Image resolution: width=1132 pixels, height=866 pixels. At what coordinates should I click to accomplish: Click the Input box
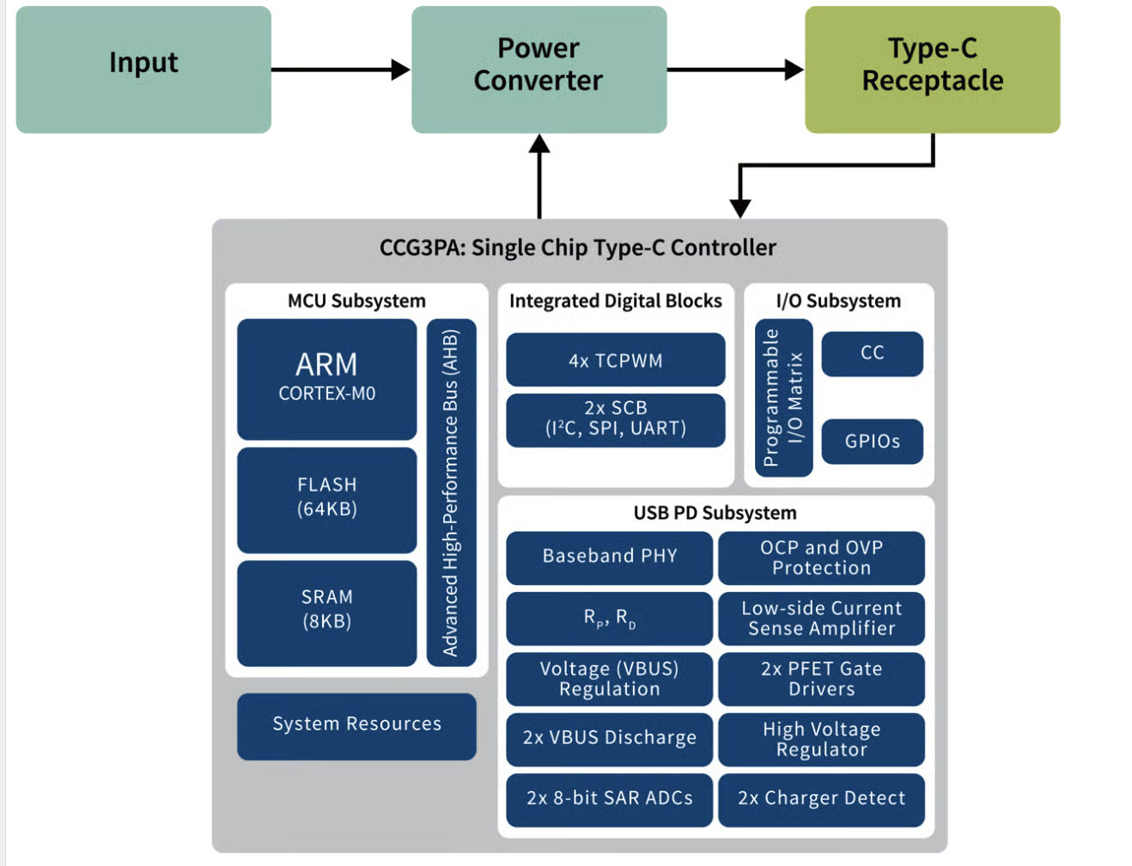pos(143,70)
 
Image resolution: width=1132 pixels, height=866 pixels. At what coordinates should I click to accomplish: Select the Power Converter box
pos(539,70)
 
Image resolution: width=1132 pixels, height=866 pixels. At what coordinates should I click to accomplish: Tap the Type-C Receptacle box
pos(932,70)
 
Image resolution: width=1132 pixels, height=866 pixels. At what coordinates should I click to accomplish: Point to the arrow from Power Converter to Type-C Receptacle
pos(735,70)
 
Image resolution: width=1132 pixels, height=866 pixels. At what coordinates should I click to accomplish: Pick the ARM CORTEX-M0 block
pos(326,379)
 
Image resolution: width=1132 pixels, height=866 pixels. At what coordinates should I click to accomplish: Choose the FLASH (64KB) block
pos(326,498)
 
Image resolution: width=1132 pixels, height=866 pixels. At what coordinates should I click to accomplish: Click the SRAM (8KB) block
pos(326,612)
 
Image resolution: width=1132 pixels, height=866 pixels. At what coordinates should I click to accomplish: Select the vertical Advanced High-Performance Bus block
pos(451,492)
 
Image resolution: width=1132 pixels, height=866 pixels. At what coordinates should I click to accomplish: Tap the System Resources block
pos(356,726)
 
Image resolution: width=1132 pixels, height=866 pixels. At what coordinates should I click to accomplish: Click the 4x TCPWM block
pos(615,360)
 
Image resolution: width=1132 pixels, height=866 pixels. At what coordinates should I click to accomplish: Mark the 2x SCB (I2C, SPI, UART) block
pos(615,419)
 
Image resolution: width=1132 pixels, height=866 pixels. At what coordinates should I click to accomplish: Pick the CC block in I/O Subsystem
pos(872,353)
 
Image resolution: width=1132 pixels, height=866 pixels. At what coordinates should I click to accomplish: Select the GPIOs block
pos(872,442)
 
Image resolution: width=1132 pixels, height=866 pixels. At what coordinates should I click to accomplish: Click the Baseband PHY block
pos(609,558)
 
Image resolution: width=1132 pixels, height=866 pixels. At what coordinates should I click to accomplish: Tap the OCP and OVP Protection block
pos(821,558)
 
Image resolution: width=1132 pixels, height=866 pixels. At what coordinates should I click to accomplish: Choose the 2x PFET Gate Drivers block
pos(821,679)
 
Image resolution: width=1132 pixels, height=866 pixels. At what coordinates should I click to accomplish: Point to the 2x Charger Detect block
pos(821,799)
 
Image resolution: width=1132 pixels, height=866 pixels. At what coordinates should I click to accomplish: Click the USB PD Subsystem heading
pos(715,513)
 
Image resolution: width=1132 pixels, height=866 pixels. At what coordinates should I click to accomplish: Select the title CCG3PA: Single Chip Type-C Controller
pos(577,248)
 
